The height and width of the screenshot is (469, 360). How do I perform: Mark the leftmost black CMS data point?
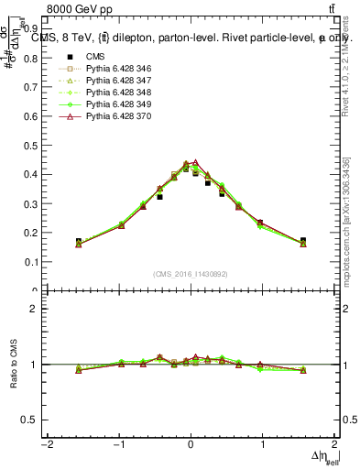79,242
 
